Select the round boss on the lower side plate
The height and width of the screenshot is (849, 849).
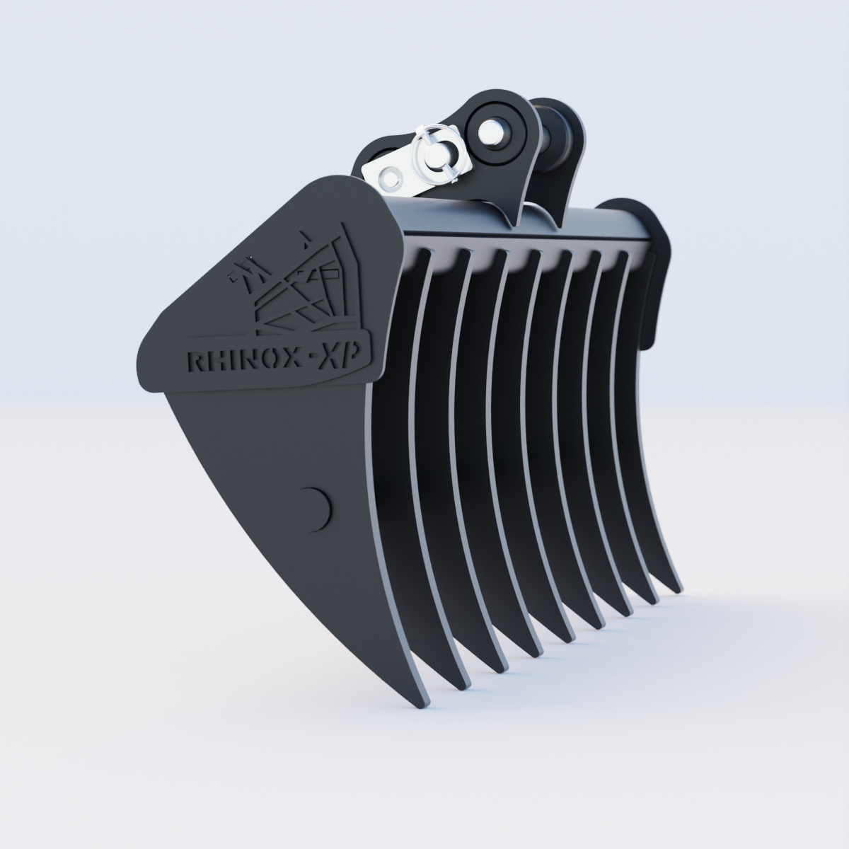pyautogui.click(x=312, y=507)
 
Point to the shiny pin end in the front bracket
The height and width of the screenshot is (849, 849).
pyautogui.click(x=489, y=131)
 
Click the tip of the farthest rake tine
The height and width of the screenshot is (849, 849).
pyautogui.click(x=676, y=588)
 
